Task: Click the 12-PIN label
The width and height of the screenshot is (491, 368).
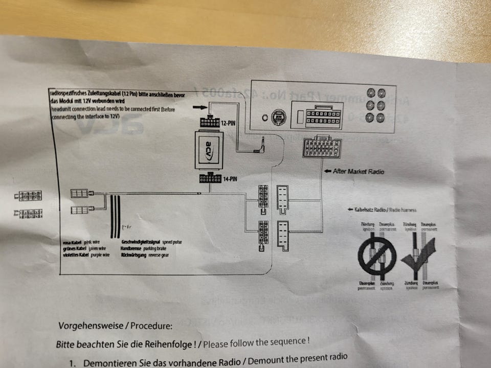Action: (229, 123)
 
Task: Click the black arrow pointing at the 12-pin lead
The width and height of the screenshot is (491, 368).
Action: (200, 108)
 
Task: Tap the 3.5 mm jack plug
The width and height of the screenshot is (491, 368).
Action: (259, 149)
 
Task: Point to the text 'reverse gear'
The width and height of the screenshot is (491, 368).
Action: (159, 255)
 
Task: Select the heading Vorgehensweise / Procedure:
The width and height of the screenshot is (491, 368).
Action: (115, 326)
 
